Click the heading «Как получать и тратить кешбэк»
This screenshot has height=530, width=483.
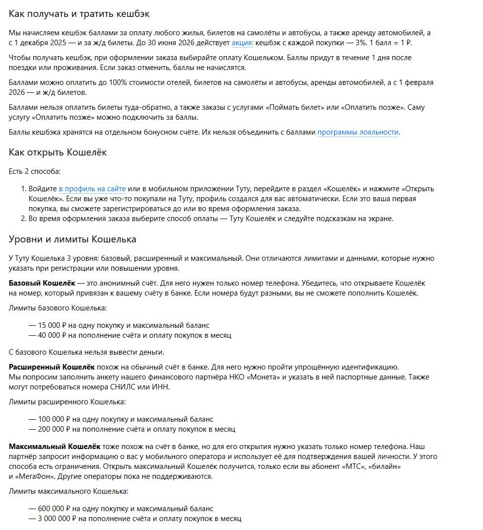pyautogui.click(x=79, y=14)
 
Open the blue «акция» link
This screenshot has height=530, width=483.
pyautogui.click(x=242, y=43)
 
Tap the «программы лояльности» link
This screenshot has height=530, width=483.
pyautogui.click(x=358, y=132)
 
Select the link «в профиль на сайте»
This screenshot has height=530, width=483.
pyautogui.click(x=92, y=189)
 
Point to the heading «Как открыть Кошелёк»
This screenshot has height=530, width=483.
pyautogui.click(x=58, y=152)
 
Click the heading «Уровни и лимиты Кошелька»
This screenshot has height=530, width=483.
pyautogui.click(x=72, y=239)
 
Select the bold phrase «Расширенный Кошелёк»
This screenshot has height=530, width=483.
pyautogui.click(x=52, y=367)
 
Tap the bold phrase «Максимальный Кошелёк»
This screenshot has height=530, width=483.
pyautogui.click(x=55, y=447)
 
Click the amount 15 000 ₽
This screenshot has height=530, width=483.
pyautogui.click(x=52, y=325)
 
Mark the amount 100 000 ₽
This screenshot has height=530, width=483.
pyautogui.click(x=54, y=419)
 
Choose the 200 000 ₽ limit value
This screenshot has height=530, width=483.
pyautogui.click(x=54, y=429)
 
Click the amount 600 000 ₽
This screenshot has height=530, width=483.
pyautogui.click(x=54, y=509)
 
